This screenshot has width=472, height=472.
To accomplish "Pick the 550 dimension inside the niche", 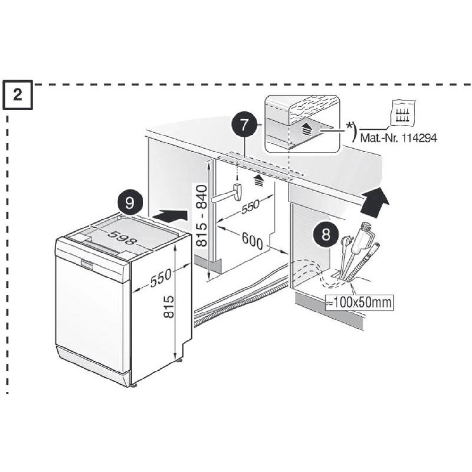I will pos(250,209).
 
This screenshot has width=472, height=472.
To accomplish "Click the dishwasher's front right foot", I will pos(136,384).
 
